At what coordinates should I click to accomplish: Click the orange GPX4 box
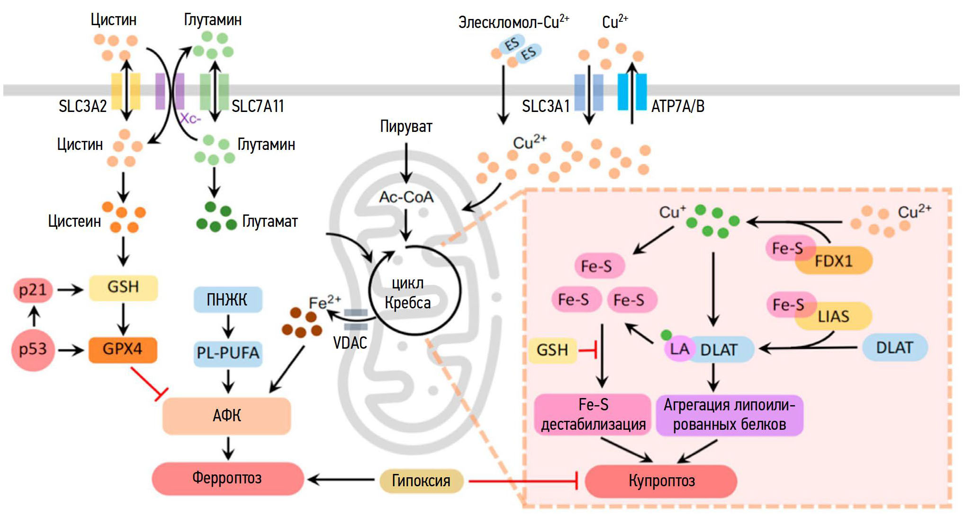[x=123, y=350]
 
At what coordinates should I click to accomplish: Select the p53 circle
[x=33, y=350]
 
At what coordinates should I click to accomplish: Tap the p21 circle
[x=33, y=289]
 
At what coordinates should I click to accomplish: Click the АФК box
[x=226, y=416]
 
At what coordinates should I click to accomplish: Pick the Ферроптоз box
[x=227, y=478]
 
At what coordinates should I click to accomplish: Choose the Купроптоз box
[x=661, y=481]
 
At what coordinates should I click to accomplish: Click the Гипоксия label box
[x=421, y=481]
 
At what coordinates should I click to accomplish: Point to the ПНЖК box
[x=227, y=300]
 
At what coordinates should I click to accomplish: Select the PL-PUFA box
[x=228, y=353]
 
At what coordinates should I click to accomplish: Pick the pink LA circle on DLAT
[x=679, y=349]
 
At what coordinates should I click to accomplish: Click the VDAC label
[x=350, y=343]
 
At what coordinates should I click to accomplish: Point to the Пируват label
[x=406, y=127]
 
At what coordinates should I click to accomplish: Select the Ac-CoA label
[x=406, y=197]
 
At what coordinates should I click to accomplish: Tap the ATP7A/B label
[x=677, y=106]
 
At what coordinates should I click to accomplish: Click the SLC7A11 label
[x=258, y=106]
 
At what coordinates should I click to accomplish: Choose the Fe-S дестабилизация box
[x=593, y=415]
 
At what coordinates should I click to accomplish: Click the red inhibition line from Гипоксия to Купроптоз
[x=521, y=481]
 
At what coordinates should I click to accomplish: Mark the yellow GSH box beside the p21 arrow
[x=123, y=287]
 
